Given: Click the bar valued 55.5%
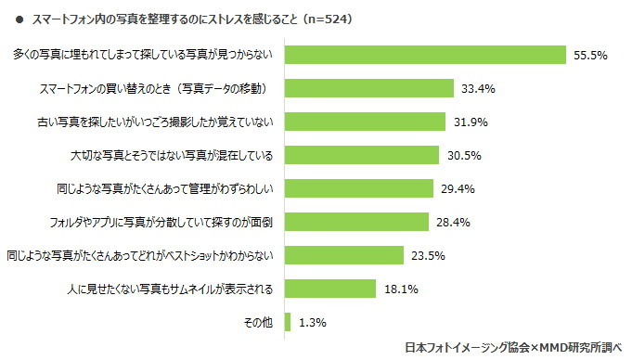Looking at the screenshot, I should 425,55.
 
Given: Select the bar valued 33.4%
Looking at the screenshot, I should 369,88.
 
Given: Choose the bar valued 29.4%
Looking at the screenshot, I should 359,188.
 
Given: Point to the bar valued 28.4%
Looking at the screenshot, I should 356,222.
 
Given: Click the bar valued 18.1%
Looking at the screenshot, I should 330,289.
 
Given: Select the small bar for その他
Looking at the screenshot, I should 288,322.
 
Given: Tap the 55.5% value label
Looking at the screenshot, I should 590,56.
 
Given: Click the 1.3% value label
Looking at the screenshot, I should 313,323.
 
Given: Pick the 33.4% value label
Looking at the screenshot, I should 478,89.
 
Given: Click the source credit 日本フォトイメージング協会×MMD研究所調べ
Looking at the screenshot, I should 516,348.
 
